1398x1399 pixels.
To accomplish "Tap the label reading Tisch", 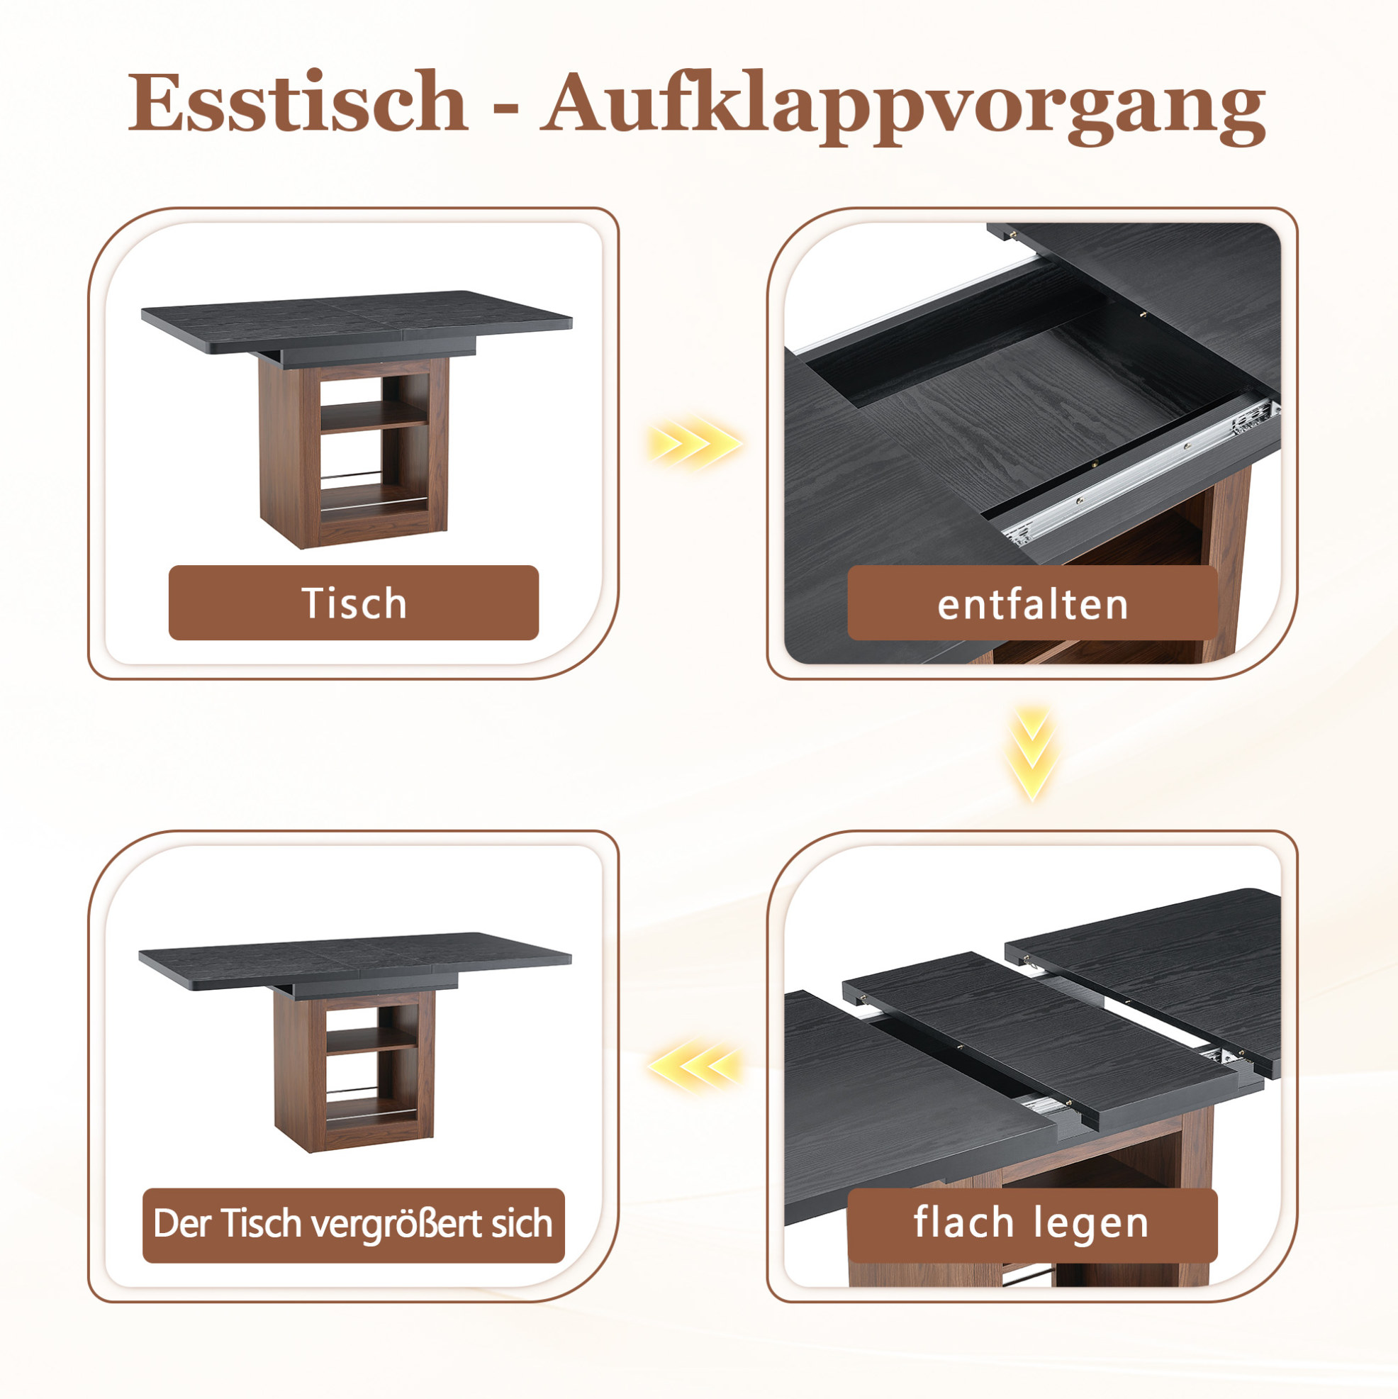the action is tap(354, 603).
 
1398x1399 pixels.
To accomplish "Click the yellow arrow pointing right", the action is tap(694, 442).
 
